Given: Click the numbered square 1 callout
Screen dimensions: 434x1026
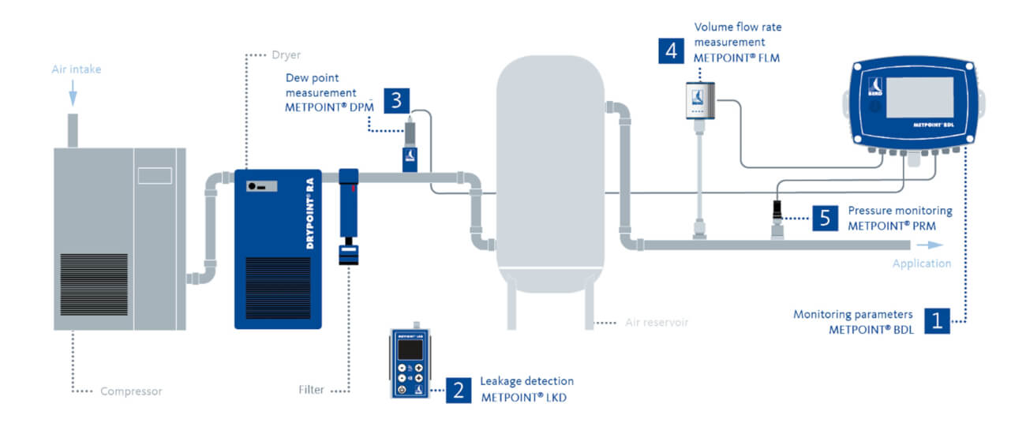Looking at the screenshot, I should point(937,320).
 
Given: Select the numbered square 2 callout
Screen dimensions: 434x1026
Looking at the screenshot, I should point(459,389).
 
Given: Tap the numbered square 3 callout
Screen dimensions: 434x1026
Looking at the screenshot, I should point(396,100).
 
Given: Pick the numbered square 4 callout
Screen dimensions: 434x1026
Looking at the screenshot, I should point(671,50).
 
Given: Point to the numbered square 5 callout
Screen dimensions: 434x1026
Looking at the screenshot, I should point(825,217).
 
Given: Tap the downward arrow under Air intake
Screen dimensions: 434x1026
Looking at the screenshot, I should point(73,95).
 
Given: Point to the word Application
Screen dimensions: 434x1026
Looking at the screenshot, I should point(921,264).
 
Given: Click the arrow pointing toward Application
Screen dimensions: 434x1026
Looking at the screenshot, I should point(911,245).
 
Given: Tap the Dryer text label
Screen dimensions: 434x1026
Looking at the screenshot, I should point(285,54).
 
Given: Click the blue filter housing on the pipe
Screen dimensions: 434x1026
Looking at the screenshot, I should point(348,205).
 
